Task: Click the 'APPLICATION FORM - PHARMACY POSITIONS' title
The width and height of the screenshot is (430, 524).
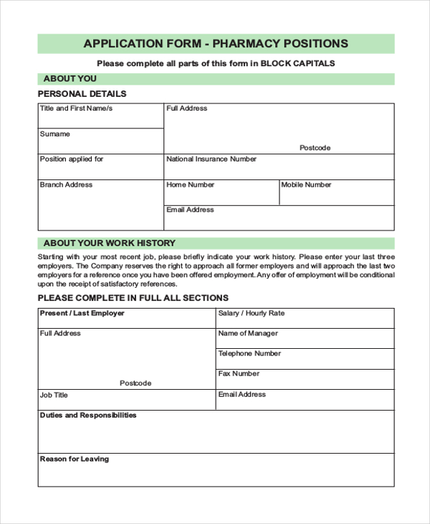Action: tap(215, 43)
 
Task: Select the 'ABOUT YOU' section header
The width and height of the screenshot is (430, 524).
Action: tap(70, 79)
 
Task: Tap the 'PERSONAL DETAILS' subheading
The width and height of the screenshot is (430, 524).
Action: tap(82, 94)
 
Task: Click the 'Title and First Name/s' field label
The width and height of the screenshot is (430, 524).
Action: tap(76, 109)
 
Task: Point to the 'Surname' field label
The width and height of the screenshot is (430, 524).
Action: tap(55, 134)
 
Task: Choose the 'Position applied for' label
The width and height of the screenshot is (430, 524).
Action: tap(72, 159)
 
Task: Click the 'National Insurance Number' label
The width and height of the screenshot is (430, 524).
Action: tap(211, 159)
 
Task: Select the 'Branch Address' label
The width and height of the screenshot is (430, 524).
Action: tap(66, 185)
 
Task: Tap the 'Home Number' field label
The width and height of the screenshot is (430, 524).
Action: tap(190, 185)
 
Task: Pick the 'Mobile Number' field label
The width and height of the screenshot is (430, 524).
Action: tap(306, 185)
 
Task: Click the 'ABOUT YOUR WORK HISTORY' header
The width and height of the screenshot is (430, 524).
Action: tap(109, 243)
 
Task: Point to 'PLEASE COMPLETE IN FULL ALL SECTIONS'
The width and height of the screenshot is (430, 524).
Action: tap(133, 298)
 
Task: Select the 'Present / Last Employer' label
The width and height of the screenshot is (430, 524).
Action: tap(82, 314)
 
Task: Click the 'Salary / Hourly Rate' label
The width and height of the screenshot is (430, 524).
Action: tap(251, 314)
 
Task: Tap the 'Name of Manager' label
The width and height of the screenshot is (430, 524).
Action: tap(248, 334)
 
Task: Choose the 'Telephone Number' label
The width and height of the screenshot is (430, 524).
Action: tap(249, 354)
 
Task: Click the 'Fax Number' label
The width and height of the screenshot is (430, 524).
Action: tap(239, 374)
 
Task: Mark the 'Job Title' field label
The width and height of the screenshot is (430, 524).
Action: tap(54, 396)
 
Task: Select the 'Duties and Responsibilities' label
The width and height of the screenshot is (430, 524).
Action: tap(87, 416)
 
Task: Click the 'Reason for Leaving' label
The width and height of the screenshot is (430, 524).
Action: tap(75, 459)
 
